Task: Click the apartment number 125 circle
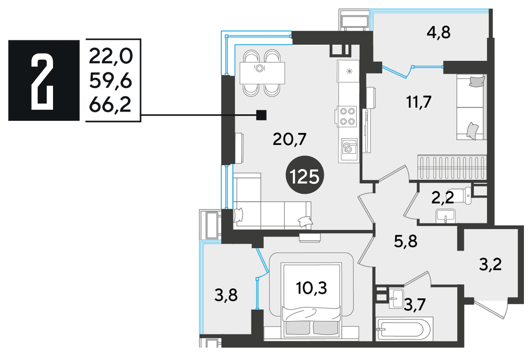(x=304, y=175)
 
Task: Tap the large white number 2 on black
(x=42, y=81)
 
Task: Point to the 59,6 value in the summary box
(x=111, y=81)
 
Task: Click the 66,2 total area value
(x=110, y=105)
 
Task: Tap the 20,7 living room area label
(x=290, y=139)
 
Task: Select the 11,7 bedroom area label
(x=419, y=102)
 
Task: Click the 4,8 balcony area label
(x=439, y=33)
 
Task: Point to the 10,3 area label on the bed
(x=312, y=288)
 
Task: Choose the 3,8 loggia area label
(x=226, y=296)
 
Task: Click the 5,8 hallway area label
(x=406, y=241)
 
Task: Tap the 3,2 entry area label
(x=490, y=265)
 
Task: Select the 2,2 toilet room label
(x=442, y=198)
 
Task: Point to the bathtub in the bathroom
(x=405, y=329)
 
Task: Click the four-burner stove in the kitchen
(x=347, y=116)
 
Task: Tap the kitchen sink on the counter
(x=349, y=149)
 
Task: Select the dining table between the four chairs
(x=262, y=73)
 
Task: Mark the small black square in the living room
(x=262, y=115)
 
